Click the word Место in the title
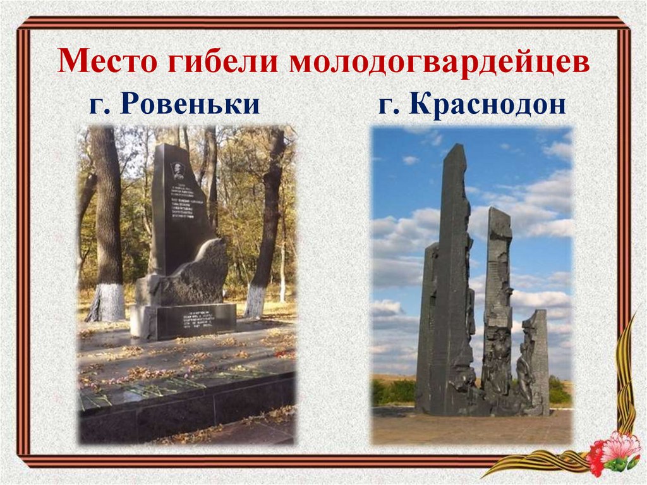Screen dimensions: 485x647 click(x=106, y=64)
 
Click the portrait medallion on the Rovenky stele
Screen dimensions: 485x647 click(x=178, y=170)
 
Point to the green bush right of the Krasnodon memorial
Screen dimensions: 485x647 click(x=559, y=392)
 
